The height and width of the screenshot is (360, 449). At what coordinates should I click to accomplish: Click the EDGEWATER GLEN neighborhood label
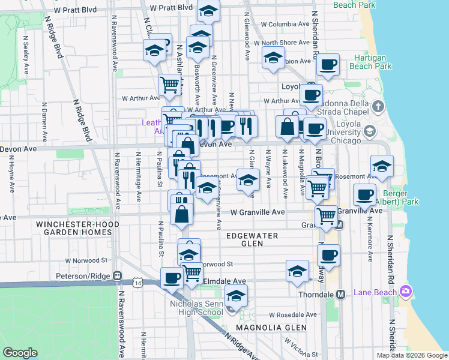[252, 239]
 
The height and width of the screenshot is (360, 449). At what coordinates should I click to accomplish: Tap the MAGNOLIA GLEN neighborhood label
[271, 328]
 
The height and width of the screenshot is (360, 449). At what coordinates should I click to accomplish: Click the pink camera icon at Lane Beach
[406, 292]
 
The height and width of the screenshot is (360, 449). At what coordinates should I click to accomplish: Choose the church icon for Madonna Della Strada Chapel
[378, 107]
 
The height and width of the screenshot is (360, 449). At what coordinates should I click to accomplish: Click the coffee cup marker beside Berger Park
[364, 194]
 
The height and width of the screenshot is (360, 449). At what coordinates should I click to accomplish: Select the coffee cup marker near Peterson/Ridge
[172, 278]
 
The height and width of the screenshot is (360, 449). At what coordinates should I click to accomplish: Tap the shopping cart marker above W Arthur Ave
[170, 85]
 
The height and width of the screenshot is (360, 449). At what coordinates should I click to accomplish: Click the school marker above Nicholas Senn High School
[236, 296]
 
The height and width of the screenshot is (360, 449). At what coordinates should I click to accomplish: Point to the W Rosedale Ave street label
[292, 314]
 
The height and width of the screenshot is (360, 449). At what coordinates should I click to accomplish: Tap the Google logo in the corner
[20, 353]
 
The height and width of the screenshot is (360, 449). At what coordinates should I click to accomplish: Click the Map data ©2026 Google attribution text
[411, 355]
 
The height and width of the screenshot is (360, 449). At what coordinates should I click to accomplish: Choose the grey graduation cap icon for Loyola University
[370, 131]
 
